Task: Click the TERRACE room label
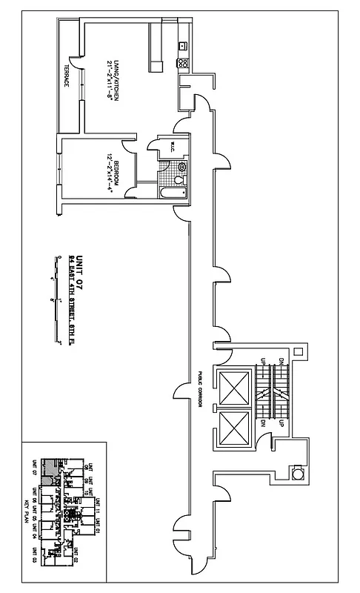point(65,75)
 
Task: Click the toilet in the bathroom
point(179,177)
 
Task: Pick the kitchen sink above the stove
point(182,47)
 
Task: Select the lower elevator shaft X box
point(235,427)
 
